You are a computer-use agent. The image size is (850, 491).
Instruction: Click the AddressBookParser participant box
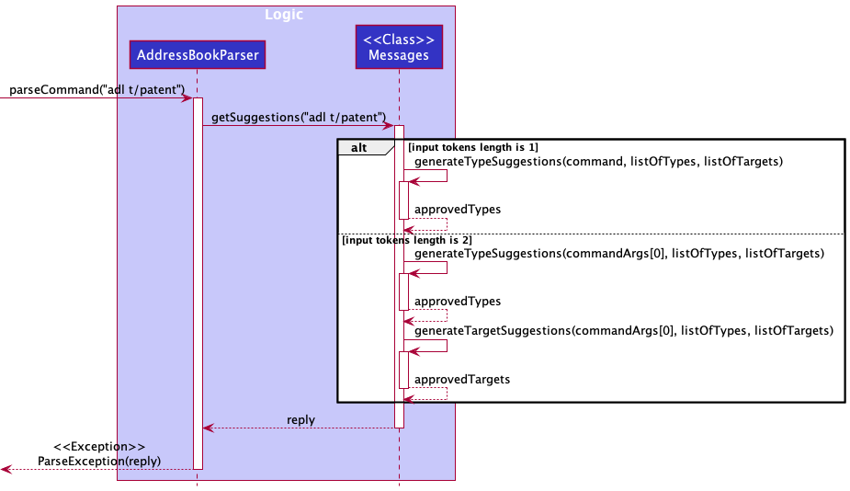(198, 55)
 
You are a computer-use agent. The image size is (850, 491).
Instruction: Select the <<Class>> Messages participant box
(399, 47)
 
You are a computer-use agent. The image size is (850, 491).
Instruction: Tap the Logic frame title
(284, 15)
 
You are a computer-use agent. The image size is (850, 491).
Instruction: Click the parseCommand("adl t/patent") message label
(97, 89)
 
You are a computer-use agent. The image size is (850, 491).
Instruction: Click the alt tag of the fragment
(358, 148)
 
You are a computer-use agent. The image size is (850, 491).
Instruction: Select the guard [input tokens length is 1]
(473, 147)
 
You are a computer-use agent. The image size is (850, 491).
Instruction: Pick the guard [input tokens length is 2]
(406, 240)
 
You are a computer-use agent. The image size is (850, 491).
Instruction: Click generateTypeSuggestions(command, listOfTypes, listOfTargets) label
(598, 161)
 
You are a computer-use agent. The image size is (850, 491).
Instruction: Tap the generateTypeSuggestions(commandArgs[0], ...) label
(619, 253)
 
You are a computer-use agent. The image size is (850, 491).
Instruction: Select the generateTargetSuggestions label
(624, 330)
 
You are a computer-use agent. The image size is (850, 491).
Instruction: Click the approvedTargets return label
(462, 379)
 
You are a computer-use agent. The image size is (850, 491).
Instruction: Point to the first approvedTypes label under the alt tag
(458, 209)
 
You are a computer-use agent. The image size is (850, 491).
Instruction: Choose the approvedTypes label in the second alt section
(458, 301)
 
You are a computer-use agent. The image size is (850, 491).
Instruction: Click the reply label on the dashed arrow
(300, 419)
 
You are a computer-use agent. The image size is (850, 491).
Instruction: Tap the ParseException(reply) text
(98, 460)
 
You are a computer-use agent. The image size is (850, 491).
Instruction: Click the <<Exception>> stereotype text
(98, 446)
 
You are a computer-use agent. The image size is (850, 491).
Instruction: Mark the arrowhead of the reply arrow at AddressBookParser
(208, 428)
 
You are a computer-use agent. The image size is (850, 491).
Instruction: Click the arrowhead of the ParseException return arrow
(6, 469)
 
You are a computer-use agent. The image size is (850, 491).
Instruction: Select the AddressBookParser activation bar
(198, 276)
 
